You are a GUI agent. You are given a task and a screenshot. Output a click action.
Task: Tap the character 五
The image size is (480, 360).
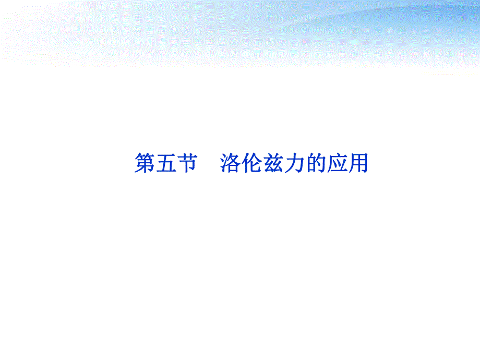coord(166,163)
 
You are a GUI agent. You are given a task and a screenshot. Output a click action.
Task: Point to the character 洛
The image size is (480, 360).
coord(230,163)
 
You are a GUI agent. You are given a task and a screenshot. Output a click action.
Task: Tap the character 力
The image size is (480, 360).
coord(294,163)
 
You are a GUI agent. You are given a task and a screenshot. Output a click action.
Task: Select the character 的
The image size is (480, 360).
coord(316,163)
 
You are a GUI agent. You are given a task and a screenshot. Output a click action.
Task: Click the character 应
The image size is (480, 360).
coord(337,163)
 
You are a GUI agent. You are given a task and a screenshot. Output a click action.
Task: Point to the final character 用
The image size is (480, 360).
coord(358,163)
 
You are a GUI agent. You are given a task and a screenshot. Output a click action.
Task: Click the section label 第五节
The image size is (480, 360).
coord(165,163)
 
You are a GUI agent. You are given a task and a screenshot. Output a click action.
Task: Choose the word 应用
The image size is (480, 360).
coord(347,163)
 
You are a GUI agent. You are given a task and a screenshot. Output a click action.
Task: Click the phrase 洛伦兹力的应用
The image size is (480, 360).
coord(294,163)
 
